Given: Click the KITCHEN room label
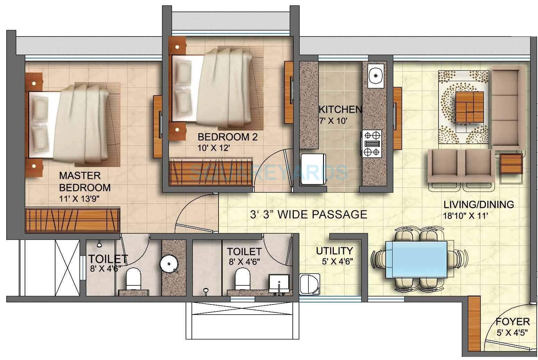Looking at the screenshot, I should [340, 110].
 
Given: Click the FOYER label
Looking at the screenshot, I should [512, 322].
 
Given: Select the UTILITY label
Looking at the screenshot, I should [334, 250].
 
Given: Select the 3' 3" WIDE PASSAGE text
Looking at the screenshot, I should [308, 214].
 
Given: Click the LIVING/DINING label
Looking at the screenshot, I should [478, 204].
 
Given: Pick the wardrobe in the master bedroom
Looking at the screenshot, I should [72, 220].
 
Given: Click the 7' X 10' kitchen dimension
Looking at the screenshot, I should [333, 121].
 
